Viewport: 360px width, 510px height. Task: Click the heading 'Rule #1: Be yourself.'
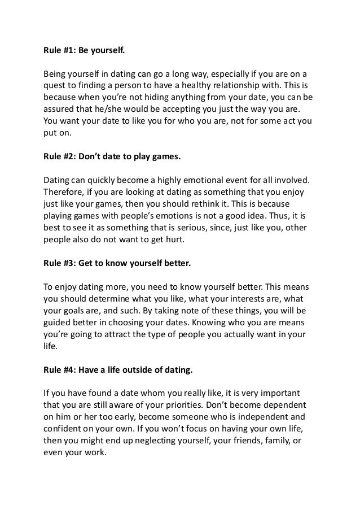coord(84,50)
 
